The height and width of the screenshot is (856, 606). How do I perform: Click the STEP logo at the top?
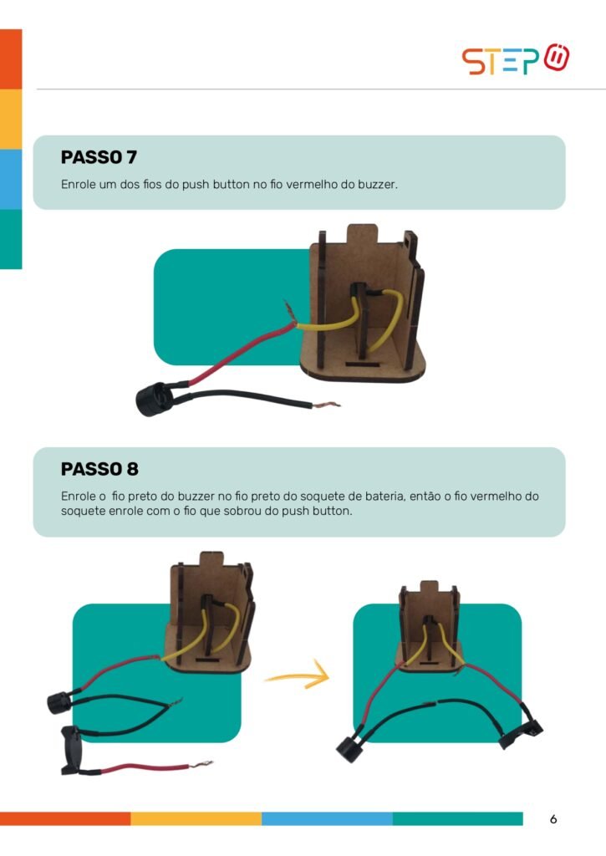point(516,59)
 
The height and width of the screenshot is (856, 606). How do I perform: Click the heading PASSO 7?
point(99,157)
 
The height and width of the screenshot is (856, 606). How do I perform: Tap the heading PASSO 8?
point(99,469)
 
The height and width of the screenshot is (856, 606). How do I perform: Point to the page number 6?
point(553,819)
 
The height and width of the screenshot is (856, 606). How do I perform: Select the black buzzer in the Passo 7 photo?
point(154,400)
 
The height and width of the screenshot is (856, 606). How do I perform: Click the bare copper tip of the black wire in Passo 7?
point(327,405)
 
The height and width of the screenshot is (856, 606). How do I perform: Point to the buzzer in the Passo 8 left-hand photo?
point(59,702)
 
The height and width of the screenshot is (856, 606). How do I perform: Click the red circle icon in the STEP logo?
point(557,57)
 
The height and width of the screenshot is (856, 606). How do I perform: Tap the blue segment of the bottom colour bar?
point(327,818)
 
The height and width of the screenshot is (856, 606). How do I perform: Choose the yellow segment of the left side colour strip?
point(11,119)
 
